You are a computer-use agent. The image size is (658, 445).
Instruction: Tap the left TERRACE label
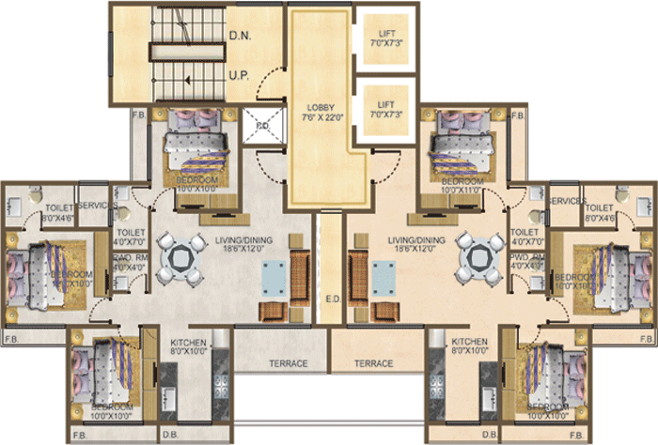282,362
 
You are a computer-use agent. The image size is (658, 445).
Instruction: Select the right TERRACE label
374,362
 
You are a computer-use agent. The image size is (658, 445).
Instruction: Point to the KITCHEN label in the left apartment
188,343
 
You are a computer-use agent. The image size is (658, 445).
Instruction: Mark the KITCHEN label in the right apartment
470,343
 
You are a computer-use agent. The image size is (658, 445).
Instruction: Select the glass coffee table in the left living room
273,279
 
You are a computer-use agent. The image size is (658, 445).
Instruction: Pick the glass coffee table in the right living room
383,279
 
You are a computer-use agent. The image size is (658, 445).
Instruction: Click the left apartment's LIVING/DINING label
243,241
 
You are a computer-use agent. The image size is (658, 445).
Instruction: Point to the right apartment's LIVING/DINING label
415,241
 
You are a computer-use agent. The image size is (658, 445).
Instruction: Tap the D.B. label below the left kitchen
170,435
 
